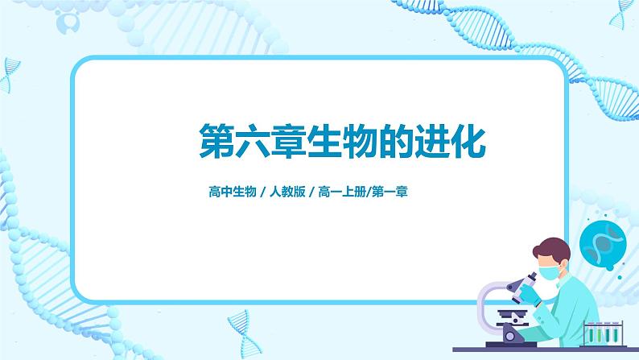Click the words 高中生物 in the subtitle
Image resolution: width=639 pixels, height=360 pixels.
tap(232, 192)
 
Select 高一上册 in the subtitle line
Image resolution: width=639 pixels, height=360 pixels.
tap(340, 192)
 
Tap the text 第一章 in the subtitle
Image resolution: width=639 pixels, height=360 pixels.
tap(390, 192)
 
